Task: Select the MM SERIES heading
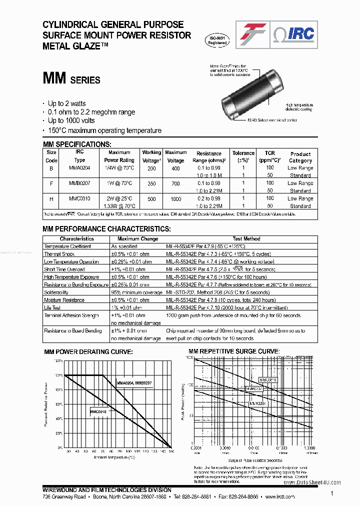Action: [x=71, y=79]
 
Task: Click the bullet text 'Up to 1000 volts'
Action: [x=71, y=121]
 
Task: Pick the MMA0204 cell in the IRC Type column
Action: [x=79, y=168]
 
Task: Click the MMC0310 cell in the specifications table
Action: [x=79, y=198]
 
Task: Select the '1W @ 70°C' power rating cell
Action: [x=119, y=183]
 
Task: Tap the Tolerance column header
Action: [x=243, y=156]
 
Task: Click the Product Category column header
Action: [x=300, y=157]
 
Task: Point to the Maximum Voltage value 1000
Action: [x=175, y=198]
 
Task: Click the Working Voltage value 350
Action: [x=151, y=183]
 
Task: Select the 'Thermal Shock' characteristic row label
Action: [x=59, y=254]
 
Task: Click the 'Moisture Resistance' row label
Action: [x=64, y=300]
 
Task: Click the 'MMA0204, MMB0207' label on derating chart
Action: [x=134, y=382]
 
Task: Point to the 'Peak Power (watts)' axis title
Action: [x=183, y=400]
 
